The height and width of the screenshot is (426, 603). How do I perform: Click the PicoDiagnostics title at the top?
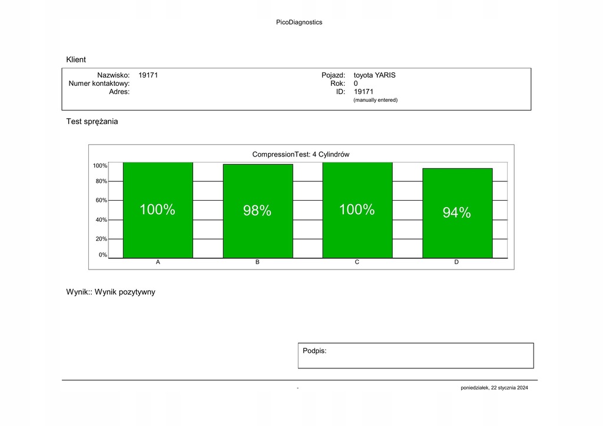[299, 22]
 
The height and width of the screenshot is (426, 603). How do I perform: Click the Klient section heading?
[76, 59]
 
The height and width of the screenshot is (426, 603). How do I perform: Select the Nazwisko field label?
[113, 75]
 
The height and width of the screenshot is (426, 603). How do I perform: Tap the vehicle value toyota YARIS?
[375, 75]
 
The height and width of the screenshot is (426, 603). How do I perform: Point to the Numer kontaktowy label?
[99, 84]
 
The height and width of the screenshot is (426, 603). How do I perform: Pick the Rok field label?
[337, 84]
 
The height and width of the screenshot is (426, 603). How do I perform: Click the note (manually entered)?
[375, 100]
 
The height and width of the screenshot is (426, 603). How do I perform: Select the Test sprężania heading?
[92, 122]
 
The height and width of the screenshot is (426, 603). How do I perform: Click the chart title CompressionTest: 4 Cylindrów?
[301, 154]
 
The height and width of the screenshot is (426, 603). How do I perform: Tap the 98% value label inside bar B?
[257, 211]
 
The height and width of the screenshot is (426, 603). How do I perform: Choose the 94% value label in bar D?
[457, 213]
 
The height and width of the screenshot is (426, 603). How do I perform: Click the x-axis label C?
[357, 262]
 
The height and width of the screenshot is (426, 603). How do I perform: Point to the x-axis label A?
[158, 262]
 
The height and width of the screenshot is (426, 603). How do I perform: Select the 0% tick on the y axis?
[102, 255]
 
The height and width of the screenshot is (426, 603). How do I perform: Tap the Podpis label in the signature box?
[314, 351]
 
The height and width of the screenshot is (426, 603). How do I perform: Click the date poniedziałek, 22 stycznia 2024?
[495, 388]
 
